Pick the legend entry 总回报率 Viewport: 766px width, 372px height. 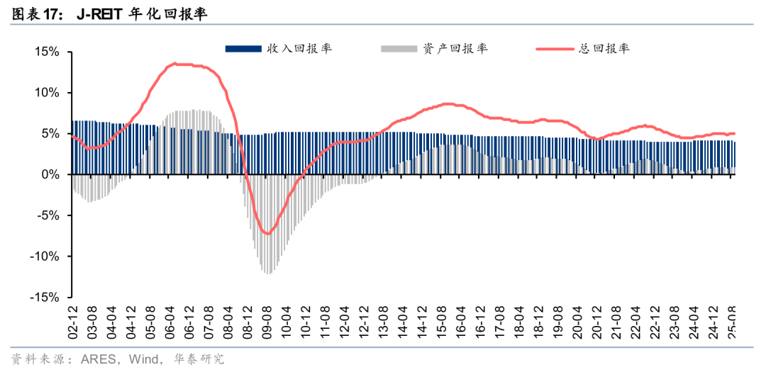[x=604, y=49]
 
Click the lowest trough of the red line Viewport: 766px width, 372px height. [x=267, y=234]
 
